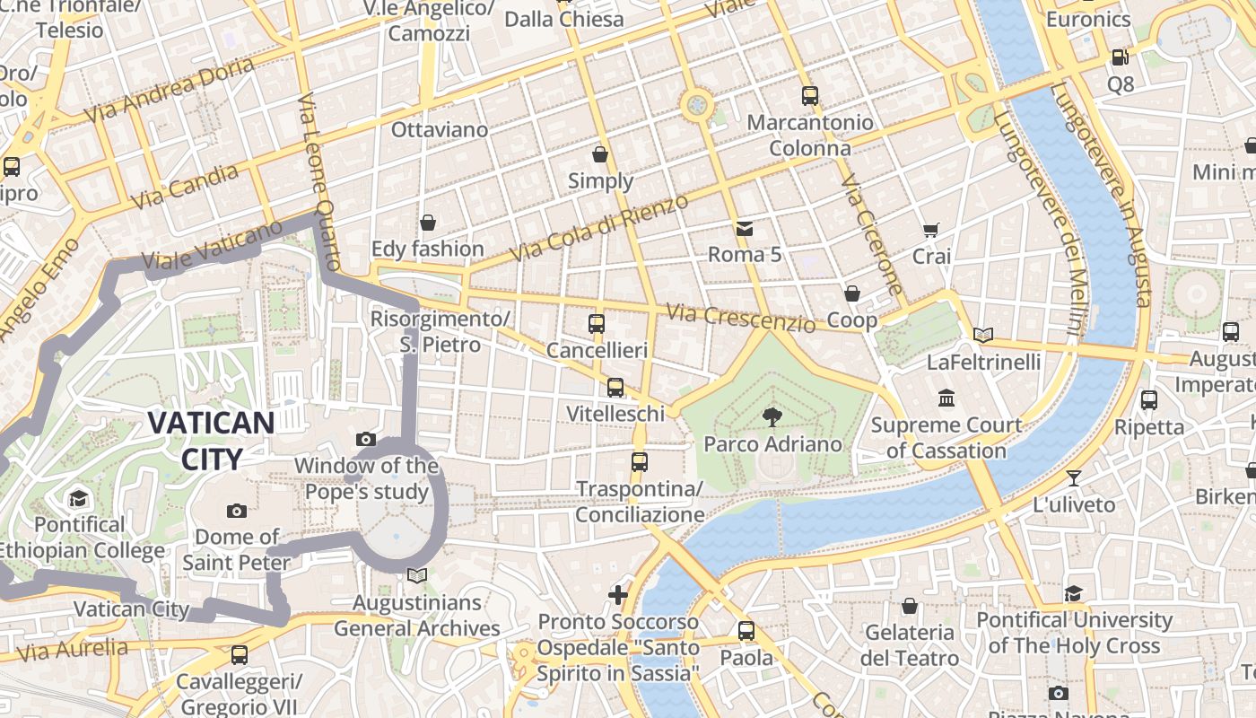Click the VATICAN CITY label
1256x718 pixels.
(x=211, y=441)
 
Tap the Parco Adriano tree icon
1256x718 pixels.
(x=771, y=416)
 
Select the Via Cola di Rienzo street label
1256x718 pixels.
(x=599, y=228)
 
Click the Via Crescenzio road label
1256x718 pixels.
(x=740, y=318)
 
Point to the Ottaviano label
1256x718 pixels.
(x=440, y=130)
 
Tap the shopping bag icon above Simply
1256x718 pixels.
(x=600, y=154)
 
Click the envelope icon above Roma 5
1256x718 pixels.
(x=744, y=228)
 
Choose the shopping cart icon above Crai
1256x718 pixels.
(x=930, y=231)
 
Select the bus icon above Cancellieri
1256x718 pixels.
(x=597, y=324)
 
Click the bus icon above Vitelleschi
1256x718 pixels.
(x=615, y=388)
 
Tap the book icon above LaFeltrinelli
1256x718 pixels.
(x=983, y=336)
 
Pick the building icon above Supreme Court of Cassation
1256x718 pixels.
(x=946, y=398)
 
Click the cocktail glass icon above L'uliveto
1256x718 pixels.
(x=1074, y=477)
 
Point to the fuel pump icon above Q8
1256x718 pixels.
(x=1120, y=57)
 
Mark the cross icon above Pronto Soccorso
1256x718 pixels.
(x=618, y=594)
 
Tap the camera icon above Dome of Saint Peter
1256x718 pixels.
(x=237, y=511)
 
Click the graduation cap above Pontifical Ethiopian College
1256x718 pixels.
(x=78, y=498)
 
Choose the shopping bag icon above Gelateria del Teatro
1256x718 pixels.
(x=909, y=606)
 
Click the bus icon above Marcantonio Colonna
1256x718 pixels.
(x=810, y=95)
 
